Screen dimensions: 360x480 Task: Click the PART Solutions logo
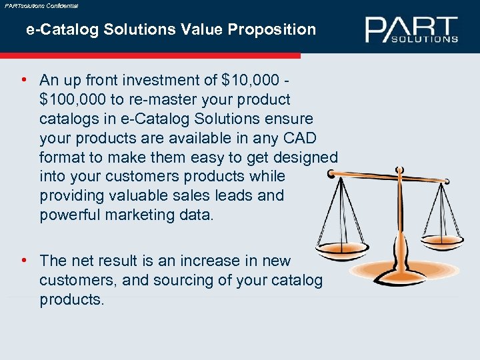click(411, 29)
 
